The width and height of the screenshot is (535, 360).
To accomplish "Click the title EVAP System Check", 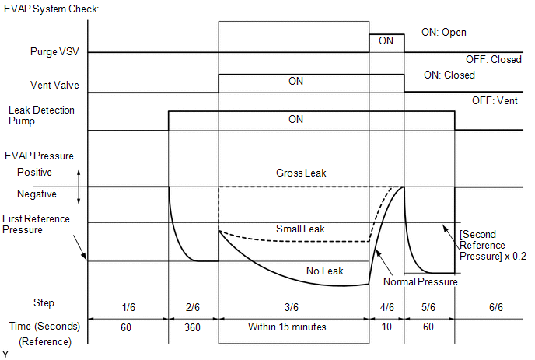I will click(51, 8).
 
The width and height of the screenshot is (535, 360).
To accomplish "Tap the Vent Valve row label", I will click(54, 86).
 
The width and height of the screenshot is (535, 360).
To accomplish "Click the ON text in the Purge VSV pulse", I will click(386, 41).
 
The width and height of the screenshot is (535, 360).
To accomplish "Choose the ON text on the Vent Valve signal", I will click(295, 82).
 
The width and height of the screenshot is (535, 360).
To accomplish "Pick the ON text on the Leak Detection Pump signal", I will click(295, 120).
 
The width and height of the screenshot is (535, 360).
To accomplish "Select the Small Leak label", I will click(300, 229).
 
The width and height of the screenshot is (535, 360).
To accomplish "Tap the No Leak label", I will click(323, 271).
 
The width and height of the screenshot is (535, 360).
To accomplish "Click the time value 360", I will click(194, 327).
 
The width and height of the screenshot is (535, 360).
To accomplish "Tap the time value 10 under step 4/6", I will click(386, 327).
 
